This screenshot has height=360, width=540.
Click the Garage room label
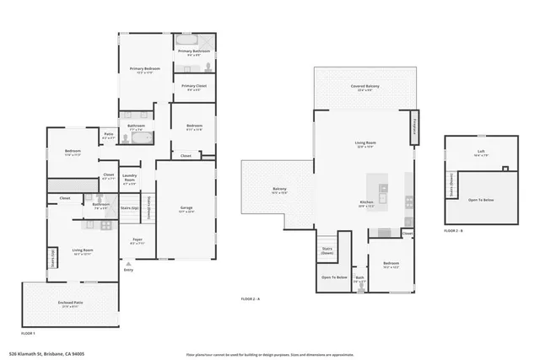[186, 209]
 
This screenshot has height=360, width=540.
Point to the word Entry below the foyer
[128, 269]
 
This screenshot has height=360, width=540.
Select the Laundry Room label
[130, 180]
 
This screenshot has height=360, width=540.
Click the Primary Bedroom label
[145, 70]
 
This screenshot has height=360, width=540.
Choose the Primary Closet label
[194, 87]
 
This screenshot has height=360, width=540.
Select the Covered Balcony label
[364, 87]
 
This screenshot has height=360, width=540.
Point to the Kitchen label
[367, 202]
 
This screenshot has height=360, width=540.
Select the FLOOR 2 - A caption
[251, 299]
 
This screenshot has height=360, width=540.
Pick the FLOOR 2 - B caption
[454, 229]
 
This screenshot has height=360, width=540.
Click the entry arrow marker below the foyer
[128, 263]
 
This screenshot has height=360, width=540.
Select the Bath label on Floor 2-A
[359, 277]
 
